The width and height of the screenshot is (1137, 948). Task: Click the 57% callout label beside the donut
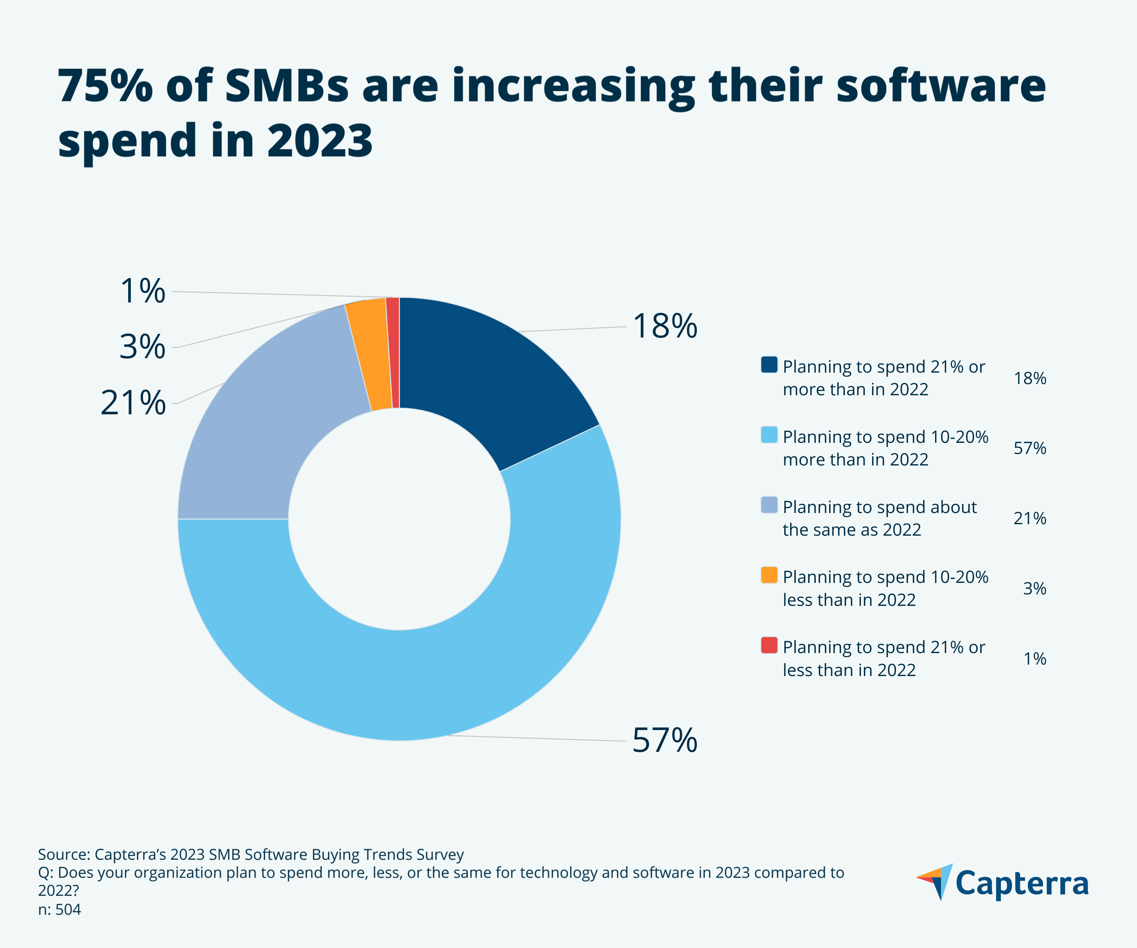tap(665, 740)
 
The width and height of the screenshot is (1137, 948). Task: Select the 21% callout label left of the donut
tap(133, 403)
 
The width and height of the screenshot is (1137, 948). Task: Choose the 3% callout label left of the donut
tap(142, 347)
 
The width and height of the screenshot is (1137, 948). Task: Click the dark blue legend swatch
tap(769, 364)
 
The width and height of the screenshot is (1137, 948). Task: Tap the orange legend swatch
tap(769, 575)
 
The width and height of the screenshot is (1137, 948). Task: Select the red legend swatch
tap(769, 645)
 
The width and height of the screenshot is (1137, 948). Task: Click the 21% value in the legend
tap(1030, 518)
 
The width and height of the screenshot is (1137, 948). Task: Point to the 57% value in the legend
tap(1030, 448)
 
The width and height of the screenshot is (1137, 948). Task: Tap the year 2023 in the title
tap(319, 141)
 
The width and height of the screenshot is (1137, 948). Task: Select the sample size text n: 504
tap(60, 910)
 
